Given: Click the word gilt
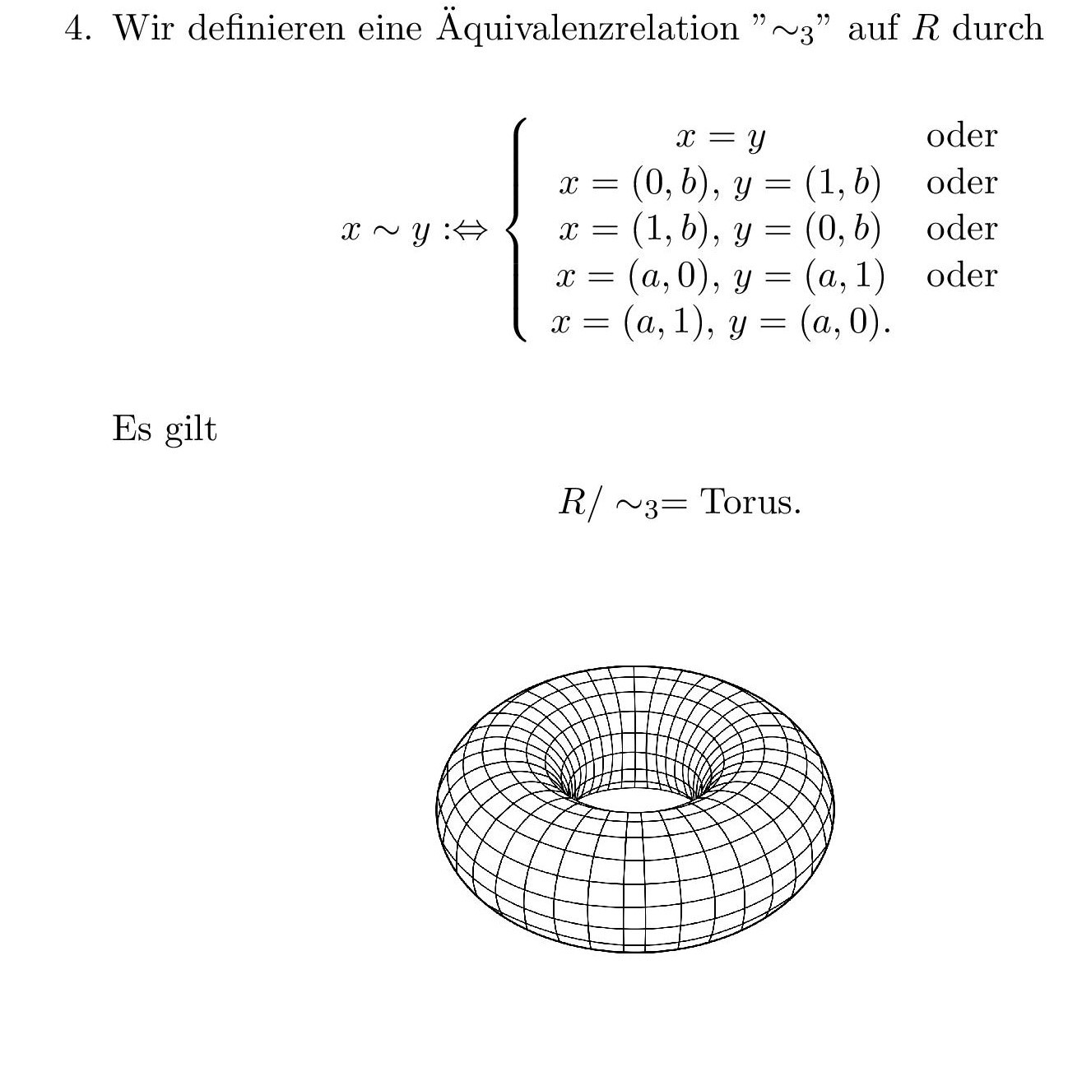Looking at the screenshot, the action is point(190,429).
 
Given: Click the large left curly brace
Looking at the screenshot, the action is point(517,230).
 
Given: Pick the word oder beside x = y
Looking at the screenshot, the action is point(961,136).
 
